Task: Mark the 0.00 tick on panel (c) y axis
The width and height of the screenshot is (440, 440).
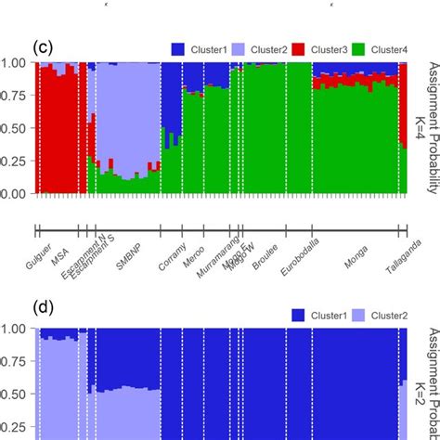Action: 16,194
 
